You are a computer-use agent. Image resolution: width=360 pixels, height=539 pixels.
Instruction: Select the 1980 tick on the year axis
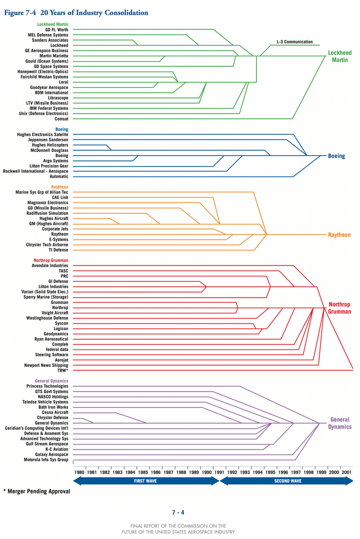coord(79,473)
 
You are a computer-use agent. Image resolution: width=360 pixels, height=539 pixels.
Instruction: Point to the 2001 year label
coord(348,473)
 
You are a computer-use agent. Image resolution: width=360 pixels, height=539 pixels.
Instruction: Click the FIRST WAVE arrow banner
coord(146,481)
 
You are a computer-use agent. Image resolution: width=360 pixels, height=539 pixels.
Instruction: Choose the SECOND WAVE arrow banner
coord(286,481)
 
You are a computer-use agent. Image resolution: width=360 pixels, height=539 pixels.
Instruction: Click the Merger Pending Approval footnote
coord(37,491)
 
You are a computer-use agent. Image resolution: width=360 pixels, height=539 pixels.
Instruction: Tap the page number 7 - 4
coord(178,512)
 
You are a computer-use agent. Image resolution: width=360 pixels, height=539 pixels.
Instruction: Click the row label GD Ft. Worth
coord(56,30)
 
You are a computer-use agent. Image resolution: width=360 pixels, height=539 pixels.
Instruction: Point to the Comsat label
coord(61,119)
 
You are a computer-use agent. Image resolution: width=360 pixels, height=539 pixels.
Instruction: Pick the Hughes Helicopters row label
coord(50,145)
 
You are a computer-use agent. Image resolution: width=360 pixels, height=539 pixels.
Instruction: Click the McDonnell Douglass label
coord(49,150)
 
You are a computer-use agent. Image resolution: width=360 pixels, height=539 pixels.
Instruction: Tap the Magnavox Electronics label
coord(48,203)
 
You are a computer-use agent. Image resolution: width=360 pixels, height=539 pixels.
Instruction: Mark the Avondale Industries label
coord(50,266)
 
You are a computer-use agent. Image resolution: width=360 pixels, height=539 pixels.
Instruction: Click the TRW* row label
coord(62,371)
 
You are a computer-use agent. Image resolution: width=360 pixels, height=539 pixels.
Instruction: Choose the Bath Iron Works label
coord(53,407)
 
